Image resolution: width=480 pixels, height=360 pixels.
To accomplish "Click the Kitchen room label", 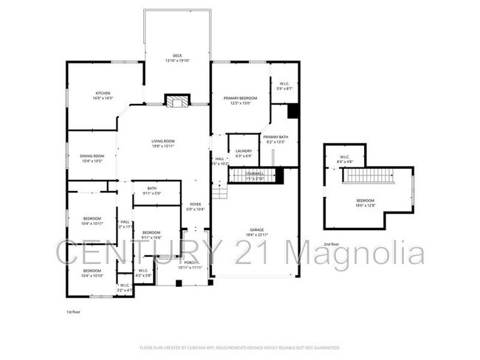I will [x=102, y=94].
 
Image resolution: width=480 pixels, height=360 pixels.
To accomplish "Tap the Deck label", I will [x=177, y=56].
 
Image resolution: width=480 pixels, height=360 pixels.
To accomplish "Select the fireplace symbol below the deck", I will [x=176, y=102].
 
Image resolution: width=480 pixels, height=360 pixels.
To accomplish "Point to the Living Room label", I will [x=163, y=142].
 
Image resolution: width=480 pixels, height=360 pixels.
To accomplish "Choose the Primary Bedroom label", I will [x=240, y=98].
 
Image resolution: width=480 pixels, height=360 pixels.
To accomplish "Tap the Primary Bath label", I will [x=275, y=137].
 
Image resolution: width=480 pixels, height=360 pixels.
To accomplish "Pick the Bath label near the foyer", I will [x=151, y=188].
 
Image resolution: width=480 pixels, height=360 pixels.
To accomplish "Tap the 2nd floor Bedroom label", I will [x=366, y=201].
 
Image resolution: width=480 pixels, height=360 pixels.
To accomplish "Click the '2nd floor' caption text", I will [x=332, y=243].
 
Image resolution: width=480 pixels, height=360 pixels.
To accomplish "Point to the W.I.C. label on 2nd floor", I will [x=344, y=156].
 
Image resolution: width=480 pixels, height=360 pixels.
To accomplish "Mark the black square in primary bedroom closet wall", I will [x=292, y=111].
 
